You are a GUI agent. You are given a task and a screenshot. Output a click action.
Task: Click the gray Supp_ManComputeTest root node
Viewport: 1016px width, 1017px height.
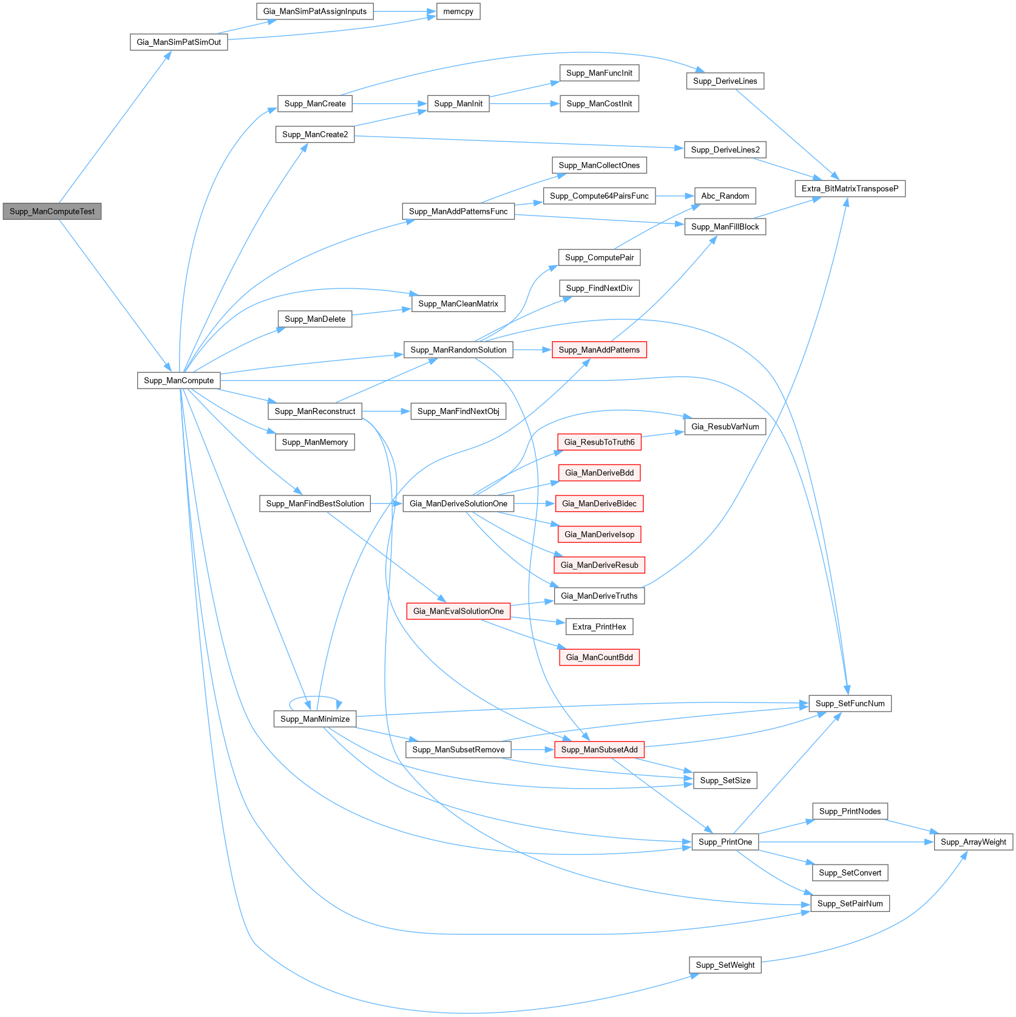(x=52, y=211)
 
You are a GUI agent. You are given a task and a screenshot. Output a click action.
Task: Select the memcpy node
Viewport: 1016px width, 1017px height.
(x=458, y=12)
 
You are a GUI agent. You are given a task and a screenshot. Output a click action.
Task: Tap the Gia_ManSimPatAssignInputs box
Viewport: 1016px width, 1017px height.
(x=315, y=12)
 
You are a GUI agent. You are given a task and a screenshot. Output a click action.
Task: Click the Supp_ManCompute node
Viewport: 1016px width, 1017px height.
(x=178, y=381)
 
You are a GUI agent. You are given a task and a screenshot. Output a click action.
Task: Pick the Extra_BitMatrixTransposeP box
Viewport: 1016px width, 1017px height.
(x=850, y=189)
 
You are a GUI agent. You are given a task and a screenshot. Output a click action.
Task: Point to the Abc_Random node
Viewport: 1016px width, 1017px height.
(x=725, y=196)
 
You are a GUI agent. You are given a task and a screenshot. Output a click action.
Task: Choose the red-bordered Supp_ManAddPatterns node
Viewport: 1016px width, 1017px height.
(x=599, y=350)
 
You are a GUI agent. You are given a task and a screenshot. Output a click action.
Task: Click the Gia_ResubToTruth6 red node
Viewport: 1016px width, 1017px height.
(x=599, y=442)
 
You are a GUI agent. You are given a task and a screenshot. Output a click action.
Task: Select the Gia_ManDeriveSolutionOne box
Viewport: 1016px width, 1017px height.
(x=458, y=503)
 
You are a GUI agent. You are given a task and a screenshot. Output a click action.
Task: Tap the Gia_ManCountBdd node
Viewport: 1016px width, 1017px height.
(x=599, y=657)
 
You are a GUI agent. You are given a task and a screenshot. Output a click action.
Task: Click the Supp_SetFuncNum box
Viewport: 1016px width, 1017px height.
(x=850, y=704)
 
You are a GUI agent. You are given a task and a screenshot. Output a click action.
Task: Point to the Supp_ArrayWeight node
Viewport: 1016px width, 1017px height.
(x=974, y=842)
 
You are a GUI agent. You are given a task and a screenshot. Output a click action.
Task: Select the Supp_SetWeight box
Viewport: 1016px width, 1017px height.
(x=725, y=965)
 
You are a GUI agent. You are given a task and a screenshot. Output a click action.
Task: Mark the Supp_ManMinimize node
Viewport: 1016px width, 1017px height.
(x=315, y=719)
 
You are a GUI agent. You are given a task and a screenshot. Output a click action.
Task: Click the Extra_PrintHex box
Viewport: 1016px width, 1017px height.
(x=599, y=627)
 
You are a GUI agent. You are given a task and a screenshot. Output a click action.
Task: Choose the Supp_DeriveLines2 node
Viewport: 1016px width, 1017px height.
(x=725, y=150)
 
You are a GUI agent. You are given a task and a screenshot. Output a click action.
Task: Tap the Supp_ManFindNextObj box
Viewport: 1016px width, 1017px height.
(x=458, y=412)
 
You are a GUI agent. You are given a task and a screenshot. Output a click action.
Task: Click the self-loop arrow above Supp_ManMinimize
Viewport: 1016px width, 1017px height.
(x=316, y=698)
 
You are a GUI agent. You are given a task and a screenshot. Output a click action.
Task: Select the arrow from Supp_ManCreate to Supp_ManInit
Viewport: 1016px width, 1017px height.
(x=388, y=104)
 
